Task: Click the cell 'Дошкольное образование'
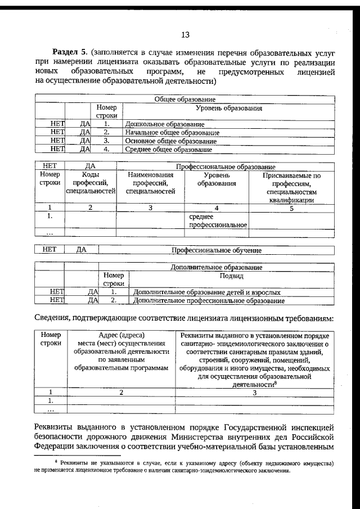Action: [164, 124]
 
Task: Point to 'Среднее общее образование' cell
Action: [168, 150]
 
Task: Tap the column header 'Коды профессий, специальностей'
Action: [91, 183]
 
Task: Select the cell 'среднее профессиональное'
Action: [217, 220]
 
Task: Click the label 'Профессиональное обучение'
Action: [216, 250]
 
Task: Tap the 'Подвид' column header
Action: [231, 276]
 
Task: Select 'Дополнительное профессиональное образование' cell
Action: [208, 301]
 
